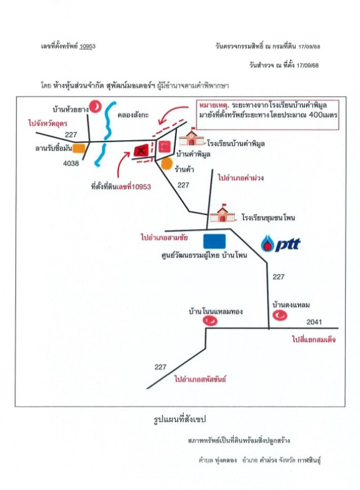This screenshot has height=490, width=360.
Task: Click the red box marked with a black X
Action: tap(141, 149)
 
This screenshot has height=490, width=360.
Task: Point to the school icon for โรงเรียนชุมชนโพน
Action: tap(220, 214)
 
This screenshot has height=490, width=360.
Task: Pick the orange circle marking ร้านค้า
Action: tap(166, 164)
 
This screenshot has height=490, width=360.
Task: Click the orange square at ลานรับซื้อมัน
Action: tap(78, 147)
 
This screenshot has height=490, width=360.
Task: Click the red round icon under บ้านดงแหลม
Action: tap(280, 315)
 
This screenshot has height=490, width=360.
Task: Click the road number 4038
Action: tap(70, 164)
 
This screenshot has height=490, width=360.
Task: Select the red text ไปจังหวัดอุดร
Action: tap(49, 123)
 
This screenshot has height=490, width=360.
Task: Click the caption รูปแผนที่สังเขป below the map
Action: tap(180, 420)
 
